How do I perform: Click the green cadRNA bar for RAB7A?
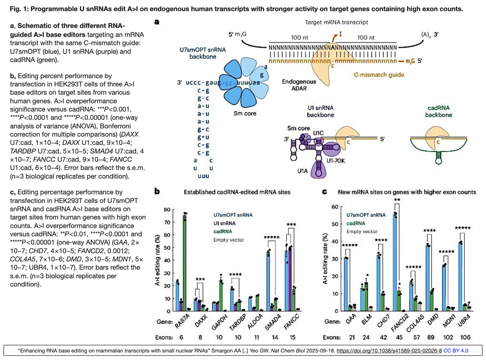pyautogui.click(x=185, y=263)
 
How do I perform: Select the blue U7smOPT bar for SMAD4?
pyautogui.click(x=268, y=281)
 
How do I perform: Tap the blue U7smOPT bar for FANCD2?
pyautogui.click(x=395, y=263)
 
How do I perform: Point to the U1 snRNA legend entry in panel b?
pyautogui.click(x=224, y=223)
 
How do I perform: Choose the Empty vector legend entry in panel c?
pyautogui.click(x=362, y=231)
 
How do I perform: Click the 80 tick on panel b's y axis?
pyautogui.click(x=167, y=209)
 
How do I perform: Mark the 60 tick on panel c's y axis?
pyautogui.click(x=335, y=207)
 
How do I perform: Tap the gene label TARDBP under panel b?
pyautogui.click(x=238, y=322)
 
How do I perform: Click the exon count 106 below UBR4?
pyautogui.click(x=465, y=338)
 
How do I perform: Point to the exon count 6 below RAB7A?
pyautogui.click(x=181, y=338)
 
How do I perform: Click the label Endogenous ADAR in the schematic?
pyautogui.click(x=299, y=85)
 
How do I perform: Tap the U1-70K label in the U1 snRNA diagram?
pyautogui.click(x=336, y=161)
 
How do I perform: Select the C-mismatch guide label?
pyautogui.click(x=379, y=75)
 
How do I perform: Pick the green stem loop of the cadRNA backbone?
pyautogui.click(x=439, y=157)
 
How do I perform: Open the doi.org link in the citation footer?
pyautogui.click(x=389, y=351)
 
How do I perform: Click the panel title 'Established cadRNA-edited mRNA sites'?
pyautogui.click(x=237, y=192)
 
